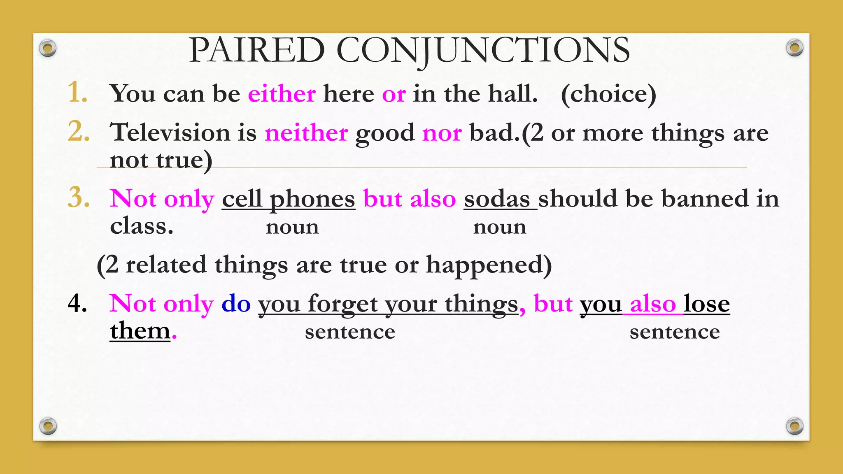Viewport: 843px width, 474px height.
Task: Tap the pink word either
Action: click(x=282, y=93)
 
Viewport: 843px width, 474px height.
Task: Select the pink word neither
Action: click(x=306, y=133)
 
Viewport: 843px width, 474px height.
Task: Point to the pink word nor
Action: click(x=442, y=133)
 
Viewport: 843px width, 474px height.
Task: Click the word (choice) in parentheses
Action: click(x=608, y=94)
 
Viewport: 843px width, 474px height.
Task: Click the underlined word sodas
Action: click(x=497, y=199)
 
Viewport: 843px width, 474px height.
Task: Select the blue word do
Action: click(x=236, y=304)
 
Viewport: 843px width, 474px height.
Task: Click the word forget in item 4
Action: click(x=342, y=305)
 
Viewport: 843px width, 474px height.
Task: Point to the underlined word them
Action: click(x=140, y=331)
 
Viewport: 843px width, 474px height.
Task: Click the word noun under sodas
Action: click(x=499, y=227)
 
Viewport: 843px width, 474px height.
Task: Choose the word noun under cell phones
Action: click(x=292, y=227)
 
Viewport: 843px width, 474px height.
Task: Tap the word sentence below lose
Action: click(x=674, y=332)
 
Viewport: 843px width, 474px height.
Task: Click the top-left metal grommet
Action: click(x=48, y=49)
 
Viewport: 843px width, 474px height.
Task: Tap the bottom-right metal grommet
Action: click(x=794, y=426)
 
